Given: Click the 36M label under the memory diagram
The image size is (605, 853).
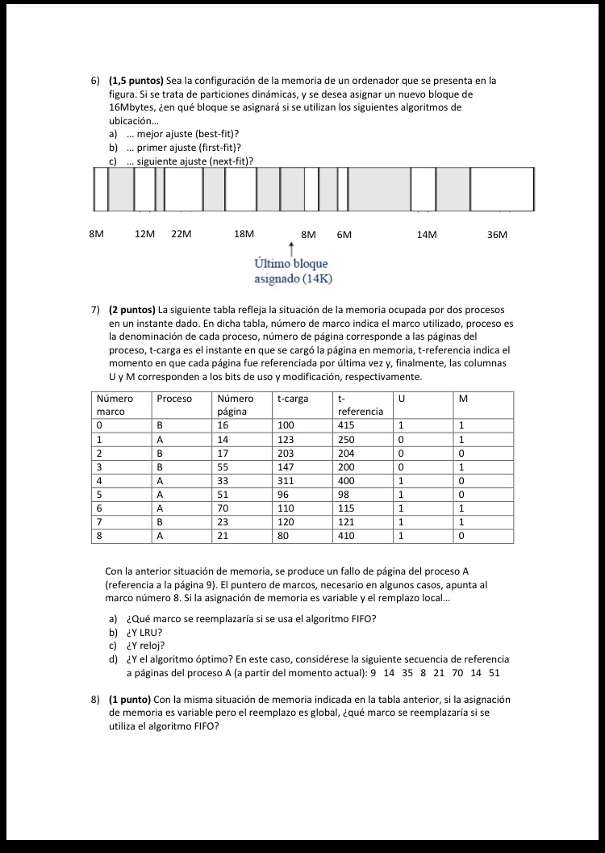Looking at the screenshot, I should pyautogui.click(x=498, y=235).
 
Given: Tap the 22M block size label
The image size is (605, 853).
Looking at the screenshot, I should pyautogui.click(x=181, y=234).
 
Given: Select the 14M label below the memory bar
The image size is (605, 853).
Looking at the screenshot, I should pyautogui.click(x=427, y=235).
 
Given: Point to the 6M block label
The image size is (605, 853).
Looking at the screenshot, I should pyautogui.click(x=344, y=235).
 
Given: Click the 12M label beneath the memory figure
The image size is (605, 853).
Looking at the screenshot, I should pyautogui.click(x=144, y=234).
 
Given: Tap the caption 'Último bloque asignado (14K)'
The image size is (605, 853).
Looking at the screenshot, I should pyautogui.click(x=291, y=271).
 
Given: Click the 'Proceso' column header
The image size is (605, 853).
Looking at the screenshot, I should pyautogui.click(x=174, y=399).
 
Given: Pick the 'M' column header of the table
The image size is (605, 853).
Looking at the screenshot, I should pyautogui.click(x=462, y=399).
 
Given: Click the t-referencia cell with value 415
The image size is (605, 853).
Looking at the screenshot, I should pyautogui.click(x=347, y=424).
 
